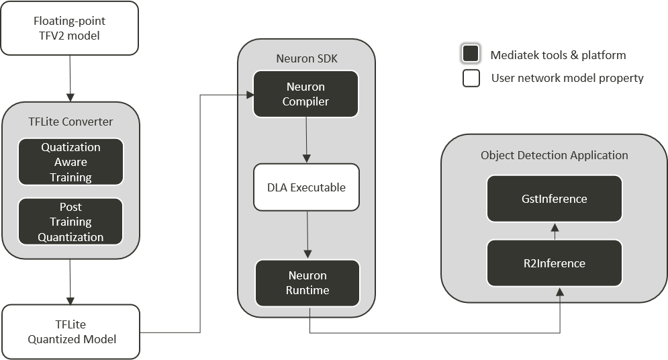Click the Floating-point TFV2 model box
(x=69, y=28)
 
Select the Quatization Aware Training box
(x=70, y=162)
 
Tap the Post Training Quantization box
(x=70, y=222)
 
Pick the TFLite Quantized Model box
(x=71, y=332)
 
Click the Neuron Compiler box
(x=305, y=94)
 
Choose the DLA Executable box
(x=305, y=187)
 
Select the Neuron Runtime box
(x=307, y=283)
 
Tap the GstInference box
(x=554, y=199)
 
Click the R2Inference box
(x=554, y=263)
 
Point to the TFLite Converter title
(x=70, y=122)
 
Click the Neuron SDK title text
(x=307, y=58)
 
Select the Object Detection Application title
(x=555, y=155)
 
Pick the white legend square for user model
(x=471, y=79)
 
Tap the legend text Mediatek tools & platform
(x=558, y=55)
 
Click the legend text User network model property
(x=567, y=79)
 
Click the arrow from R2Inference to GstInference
(x=555, y=231)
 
